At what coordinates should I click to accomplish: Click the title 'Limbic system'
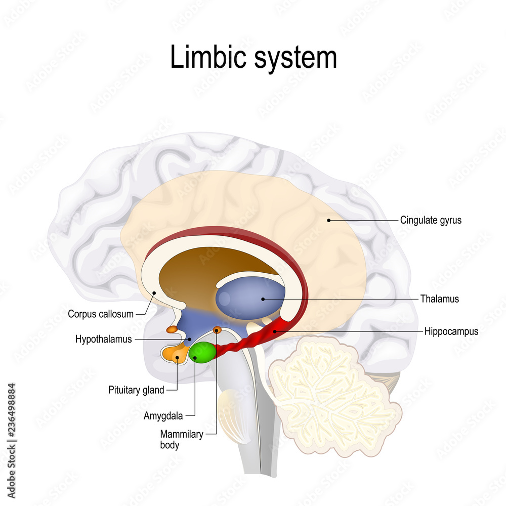tap(253, 57)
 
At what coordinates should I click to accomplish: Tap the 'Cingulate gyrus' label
tap(431, 220)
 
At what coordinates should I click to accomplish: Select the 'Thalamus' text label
tap(439, 299)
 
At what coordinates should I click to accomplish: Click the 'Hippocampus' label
tap(451, 332)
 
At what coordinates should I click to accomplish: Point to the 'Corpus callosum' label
tap(101, 314)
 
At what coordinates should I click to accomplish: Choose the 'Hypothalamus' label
tap(103, 340)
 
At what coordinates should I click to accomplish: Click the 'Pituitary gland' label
tap(136, 390)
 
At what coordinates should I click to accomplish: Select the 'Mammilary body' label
tap(182, 440)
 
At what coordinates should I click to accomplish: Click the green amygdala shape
tap(202, 353)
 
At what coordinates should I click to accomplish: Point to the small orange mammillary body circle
tap(217, 330)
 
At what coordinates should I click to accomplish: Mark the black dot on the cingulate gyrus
tap(328, 220)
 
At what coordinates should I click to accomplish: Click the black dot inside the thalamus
tap(263, 299)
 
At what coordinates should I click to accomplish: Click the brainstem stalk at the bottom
tap(263, 445)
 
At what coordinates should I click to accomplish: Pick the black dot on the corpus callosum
tap(154, 292)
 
